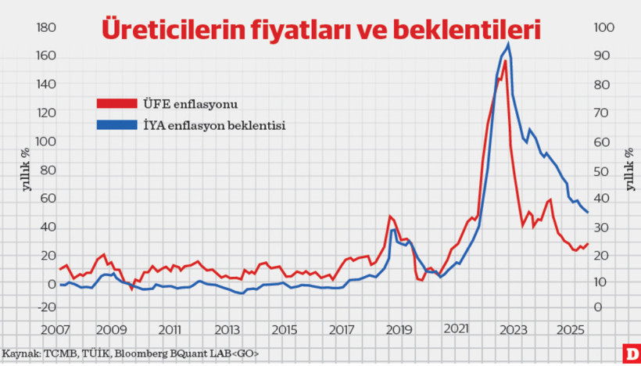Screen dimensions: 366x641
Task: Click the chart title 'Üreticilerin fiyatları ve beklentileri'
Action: pos(320,29)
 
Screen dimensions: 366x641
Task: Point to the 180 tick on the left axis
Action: pos(45,27)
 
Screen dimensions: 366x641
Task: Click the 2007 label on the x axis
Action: pos(53,331)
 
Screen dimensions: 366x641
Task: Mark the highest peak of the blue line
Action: pos(510,44)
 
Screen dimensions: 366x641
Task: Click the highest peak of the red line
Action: pos(505,61)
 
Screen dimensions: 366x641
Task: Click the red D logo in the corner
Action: pos(630,354)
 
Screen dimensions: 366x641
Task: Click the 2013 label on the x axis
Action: pos(227,331)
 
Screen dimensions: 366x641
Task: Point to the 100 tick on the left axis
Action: pos(45,142)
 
